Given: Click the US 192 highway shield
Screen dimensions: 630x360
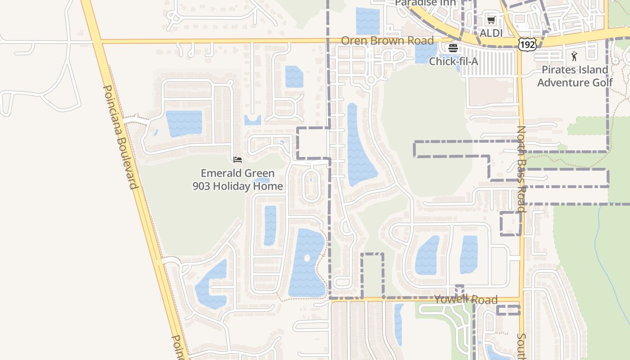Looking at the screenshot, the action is [526, 44].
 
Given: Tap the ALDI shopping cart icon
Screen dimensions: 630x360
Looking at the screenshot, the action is [491, 20].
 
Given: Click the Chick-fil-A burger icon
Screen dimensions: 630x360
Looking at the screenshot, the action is [453, 48].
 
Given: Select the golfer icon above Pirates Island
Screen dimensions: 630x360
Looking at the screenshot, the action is [574, 56].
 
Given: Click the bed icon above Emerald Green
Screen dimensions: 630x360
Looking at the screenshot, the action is [238, 159].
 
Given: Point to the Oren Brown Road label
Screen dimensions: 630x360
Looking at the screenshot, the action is [387, 40].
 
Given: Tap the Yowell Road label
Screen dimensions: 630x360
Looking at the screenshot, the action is [466, 299].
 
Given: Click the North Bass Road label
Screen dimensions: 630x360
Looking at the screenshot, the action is [521, 169].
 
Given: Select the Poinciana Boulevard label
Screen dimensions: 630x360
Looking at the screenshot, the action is [120, 137].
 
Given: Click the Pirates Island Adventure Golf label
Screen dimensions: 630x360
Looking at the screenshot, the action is [575, 76].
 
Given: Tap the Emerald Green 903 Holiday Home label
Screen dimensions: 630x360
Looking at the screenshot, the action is [238, 180].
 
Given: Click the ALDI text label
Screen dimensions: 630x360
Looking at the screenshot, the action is [491, 33].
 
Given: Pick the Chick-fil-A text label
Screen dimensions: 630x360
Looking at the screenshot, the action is [453, 61].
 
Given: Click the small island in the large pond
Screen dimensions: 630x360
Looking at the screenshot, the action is [307, 258].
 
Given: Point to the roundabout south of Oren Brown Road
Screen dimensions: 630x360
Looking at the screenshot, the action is [371, 80].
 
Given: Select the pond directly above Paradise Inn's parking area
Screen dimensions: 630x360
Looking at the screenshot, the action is [368, 20].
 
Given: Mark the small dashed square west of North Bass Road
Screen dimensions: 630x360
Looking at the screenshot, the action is [511, 223].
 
